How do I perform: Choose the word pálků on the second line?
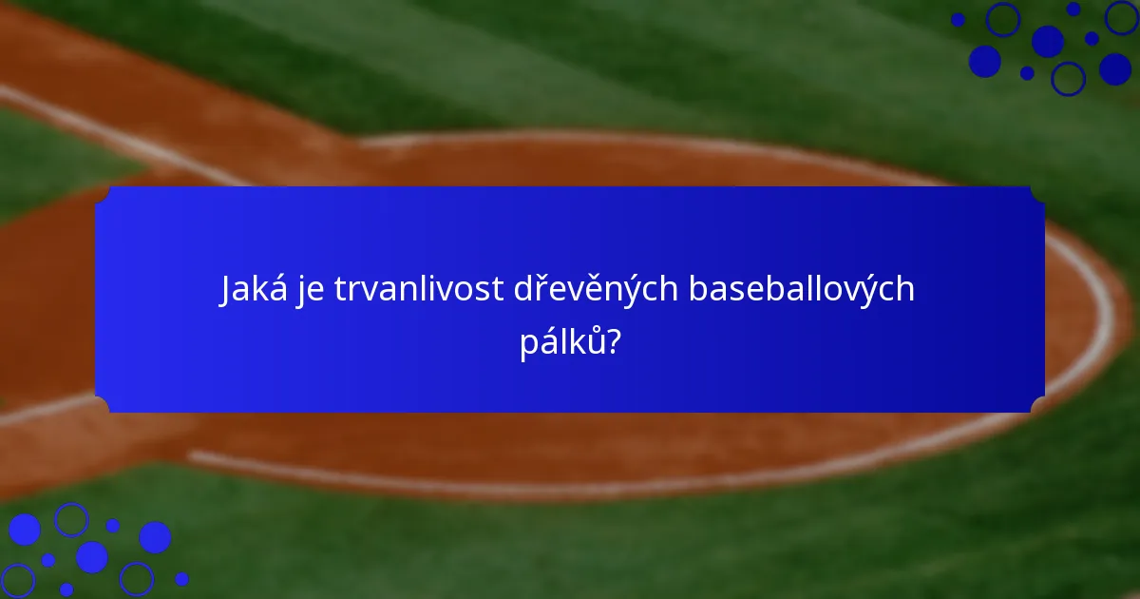pos(561,341)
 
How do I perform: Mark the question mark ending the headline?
pos(615,341)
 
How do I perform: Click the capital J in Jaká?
pos(227,289)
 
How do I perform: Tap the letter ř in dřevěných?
pos(541,289)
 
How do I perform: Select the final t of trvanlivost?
pos(499,289)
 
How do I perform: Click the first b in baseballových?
pos(698,289)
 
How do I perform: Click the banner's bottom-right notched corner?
pos(1038,407)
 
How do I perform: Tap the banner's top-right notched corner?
pos(1038,192)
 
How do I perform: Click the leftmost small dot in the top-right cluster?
pos(958,19)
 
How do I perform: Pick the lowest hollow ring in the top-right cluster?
pos(1069,79)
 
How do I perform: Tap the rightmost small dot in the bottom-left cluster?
pos(181,579)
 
